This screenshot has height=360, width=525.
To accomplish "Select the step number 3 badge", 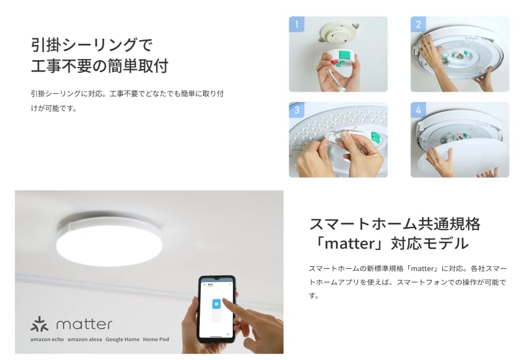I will (296, 110).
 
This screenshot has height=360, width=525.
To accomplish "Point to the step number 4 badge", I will (418, 110).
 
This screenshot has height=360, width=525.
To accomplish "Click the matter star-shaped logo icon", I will (39, 324).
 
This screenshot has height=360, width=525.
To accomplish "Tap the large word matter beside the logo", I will (84, 324).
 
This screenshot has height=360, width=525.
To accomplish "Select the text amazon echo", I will (47, 340).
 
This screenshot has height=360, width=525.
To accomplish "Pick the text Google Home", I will (122, 340).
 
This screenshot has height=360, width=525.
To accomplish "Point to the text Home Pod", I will (156, 340).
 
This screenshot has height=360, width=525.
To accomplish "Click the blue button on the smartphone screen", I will (216, 304).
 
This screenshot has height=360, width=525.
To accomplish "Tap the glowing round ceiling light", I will (109, 241).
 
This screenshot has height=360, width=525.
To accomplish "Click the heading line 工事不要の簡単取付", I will (99, 66).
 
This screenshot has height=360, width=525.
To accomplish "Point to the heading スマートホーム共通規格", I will (394, 224).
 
